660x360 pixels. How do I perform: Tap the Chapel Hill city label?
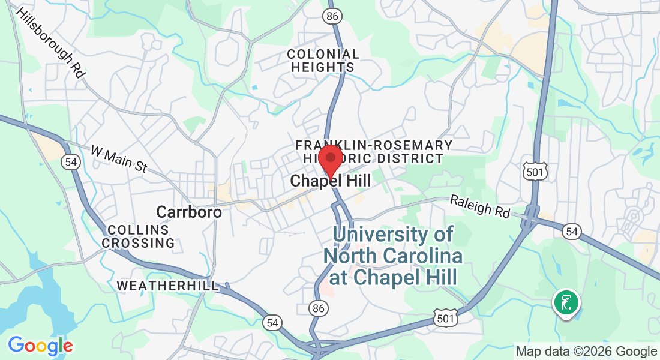tap(330, 181)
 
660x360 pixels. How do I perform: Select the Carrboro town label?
tap(189, 212)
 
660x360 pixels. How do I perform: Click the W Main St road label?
tap(119, 159)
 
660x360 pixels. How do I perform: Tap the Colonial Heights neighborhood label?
tap(323, 61)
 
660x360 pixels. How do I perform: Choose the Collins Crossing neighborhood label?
tap(138, 236)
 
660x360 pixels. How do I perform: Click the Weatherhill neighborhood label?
tap(168, 286)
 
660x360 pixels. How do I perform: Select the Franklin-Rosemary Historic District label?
tap(374, 152)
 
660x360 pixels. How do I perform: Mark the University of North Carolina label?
tap(393, 256)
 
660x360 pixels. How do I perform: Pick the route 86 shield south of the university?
tap(319, 308)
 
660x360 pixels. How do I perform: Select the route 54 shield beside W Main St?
tap(70, 161)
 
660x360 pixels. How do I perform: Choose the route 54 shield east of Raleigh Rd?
tap(572, 231)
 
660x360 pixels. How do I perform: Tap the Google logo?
tap(40, 346)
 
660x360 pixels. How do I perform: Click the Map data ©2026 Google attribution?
tap(587, 352)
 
